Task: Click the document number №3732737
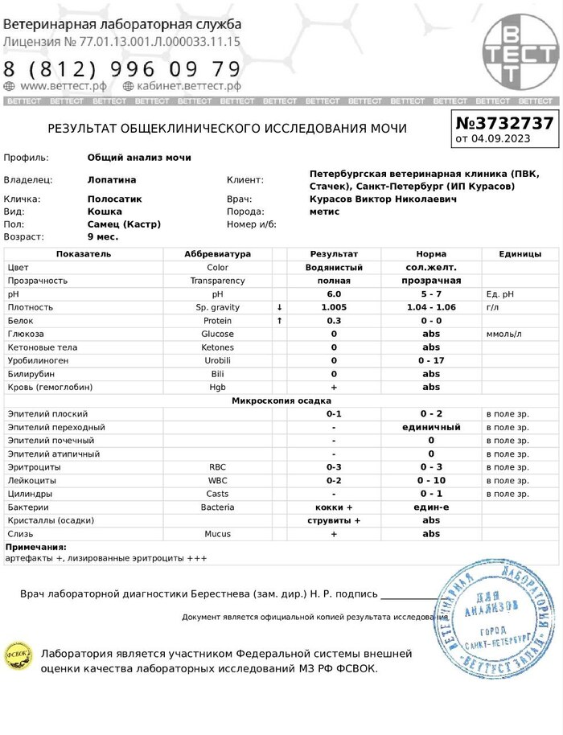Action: [504, 123]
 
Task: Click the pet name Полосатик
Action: [114, 199]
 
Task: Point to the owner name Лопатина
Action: [112, 180]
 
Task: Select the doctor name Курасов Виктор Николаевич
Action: [383, 199]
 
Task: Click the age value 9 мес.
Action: [103, 237]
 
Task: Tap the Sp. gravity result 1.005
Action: [333, 307]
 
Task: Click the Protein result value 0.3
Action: [333, 321]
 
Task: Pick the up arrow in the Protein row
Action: [279, 321]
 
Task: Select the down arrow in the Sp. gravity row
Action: [279, 307]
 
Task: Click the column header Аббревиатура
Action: [217, 254]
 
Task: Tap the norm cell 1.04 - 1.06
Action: [431, 307]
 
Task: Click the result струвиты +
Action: [334, 520]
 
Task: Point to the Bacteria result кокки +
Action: [334, 507]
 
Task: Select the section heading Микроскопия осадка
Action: [281, 400]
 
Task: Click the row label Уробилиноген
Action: [39, 360]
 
